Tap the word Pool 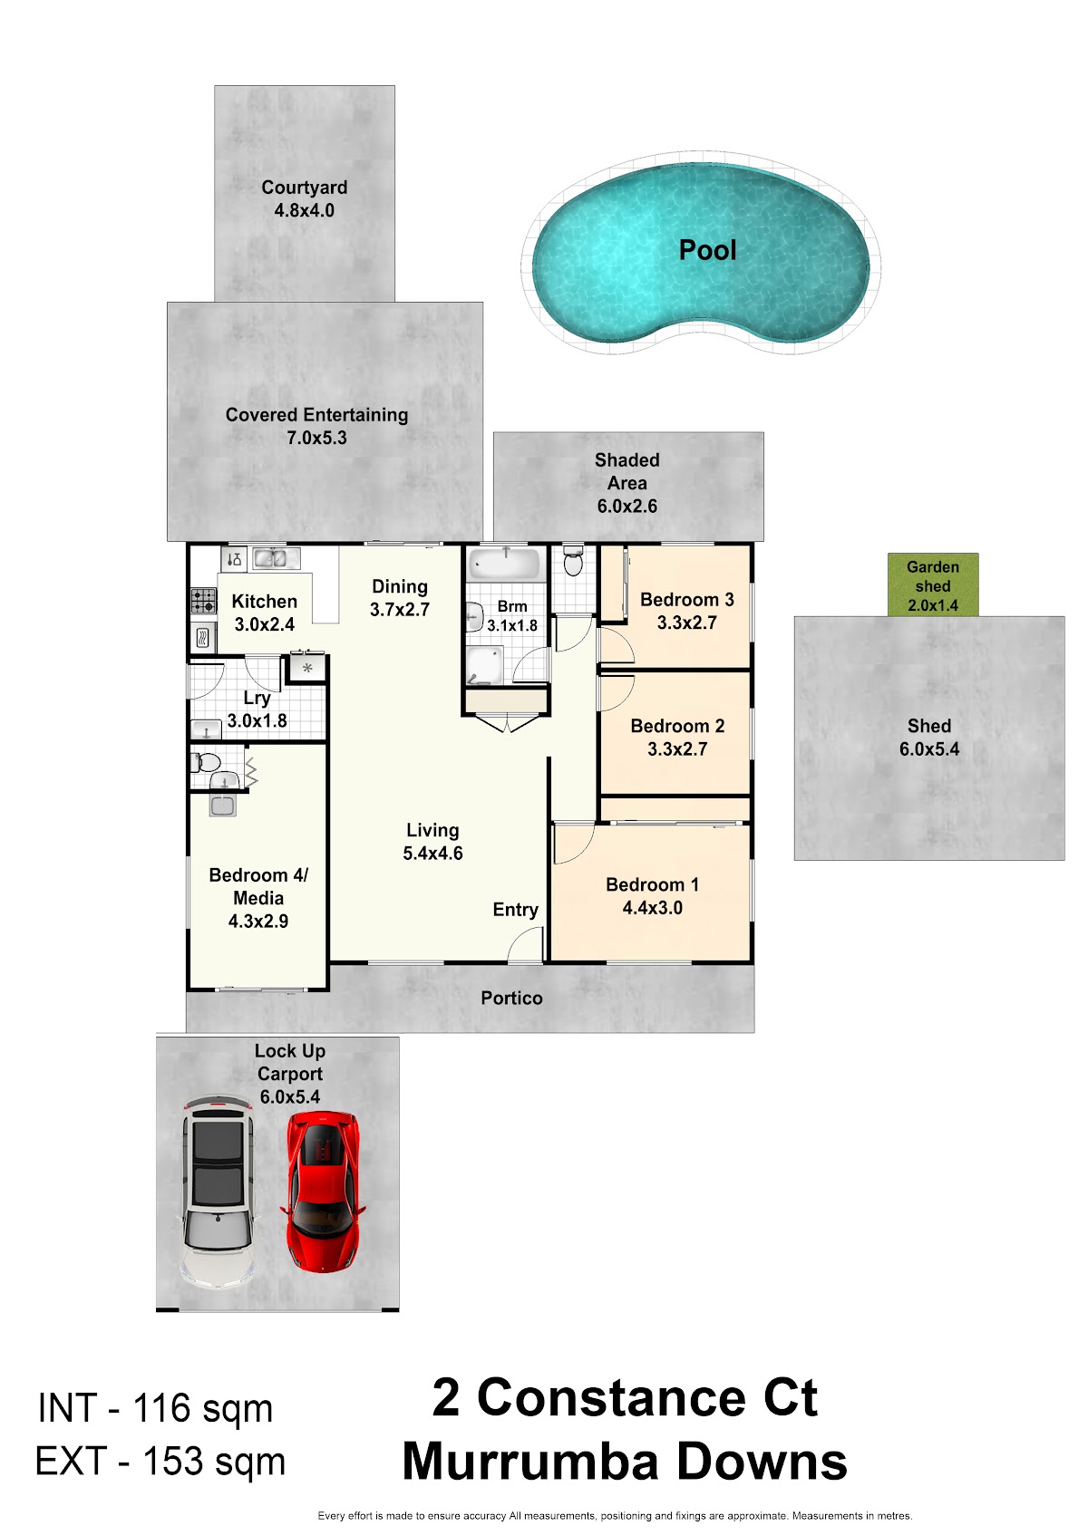pyautogui.click(x=707, y=249)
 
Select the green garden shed pyautogui.click(x=932, y=584)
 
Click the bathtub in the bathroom pyautogui.click(x=505, y=564)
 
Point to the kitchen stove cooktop pyautogui.click(x=204, y=601)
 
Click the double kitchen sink pyautogui.click(x=276, y=558)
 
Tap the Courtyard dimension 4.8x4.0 pyautogui.click(x=305, y=210)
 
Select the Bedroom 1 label pyautogui.click(x=652, y=884)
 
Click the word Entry pyautogui.click(x=516, y=910)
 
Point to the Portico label pyautogui.click(x=511, y=998)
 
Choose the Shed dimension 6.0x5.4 pyautogui.click(x=929, y=749)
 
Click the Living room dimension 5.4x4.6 pyautogui.click(x=432, y=854)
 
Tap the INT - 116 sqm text pyautogui.click(x=156, y=1408)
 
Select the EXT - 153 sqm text pyautogui.click(x=160, y=1461)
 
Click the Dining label pyautogui.click(x=400, y=587)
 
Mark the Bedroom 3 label pyautogui.click(x=687, y=600)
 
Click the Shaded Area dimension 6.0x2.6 pyautogui.click(x=627, y=507)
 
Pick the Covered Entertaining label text pyautogui.click(x=316, y=415)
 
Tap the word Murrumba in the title pyautogui.click(x=529, y=1462)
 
